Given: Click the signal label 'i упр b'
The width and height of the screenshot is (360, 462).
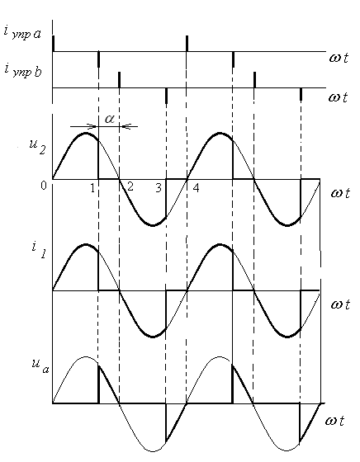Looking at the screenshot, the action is click(23, 70).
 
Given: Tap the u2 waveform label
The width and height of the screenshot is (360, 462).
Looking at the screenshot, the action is click(37, 147).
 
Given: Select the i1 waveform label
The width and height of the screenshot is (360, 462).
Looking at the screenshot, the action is click(39, 250).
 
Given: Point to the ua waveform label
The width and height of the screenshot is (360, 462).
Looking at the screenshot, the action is click(40, 365).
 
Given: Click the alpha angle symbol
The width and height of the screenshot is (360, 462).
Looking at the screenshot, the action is click(109, 119).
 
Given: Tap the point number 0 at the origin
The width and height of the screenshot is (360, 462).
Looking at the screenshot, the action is click(44, 186).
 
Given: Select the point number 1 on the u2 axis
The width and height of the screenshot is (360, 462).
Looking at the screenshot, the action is click(92, 188).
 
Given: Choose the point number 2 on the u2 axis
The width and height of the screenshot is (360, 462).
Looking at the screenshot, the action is click(130, 186).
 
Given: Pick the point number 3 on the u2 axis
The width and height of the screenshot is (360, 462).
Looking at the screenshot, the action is click(159, 188).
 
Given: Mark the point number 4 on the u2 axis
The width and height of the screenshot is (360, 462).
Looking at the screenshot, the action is click(196, 187).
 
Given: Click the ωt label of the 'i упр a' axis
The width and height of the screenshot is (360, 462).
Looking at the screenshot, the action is click(339, 57).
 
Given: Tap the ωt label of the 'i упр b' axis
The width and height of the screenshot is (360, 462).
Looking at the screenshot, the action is click(339, 97).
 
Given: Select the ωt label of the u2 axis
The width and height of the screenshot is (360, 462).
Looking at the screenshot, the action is click(340, 193).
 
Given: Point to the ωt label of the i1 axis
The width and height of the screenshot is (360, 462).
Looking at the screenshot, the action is click(340, 304).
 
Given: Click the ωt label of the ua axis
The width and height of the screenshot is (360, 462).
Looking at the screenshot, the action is click(334, 421).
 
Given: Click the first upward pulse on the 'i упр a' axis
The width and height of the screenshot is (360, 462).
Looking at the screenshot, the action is click(54, 44).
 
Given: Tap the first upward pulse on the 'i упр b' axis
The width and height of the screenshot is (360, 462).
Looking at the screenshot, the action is click(119, 79).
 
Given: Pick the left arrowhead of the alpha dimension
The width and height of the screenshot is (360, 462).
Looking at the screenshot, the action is click(93, 127).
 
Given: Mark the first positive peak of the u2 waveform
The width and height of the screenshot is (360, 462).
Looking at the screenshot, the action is click(86, 133).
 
